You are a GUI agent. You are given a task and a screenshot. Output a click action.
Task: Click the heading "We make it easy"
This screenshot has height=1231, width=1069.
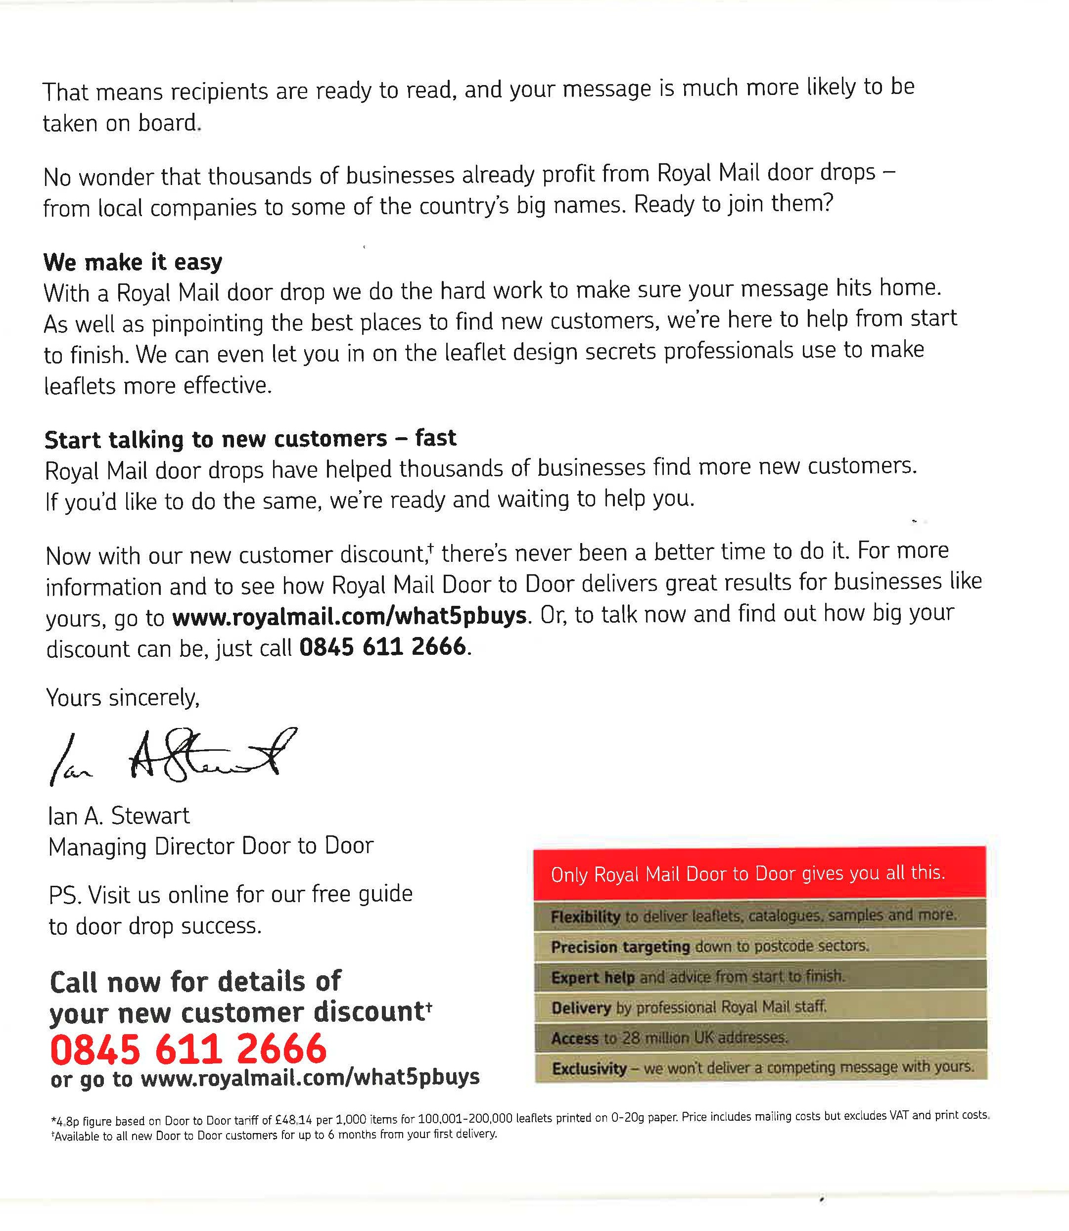click(x=133, y=262)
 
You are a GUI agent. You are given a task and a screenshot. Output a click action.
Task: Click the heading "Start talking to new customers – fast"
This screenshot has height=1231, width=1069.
click(x=250, y=439)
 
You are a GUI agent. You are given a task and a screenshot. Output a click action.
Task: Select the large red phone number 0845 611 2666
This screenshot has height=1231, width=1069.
click(x=188, y=1049)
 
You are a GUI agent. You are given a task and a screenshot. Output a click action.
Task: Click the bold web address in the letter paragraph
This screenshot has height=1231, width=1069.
click(x=350, y=615)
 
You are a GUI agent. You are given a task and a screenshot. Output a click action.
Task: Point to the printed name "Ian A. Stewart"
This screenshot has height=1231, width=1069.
click(x=119, y=816)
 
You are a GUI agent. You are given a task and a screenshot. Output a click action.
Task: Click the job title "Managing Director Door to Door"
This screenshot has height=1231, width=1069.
click(x=211, y=846)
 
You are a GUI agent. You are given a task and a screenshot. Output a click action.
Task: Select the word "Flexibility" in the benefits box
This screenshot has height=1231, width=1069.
click(x=585, y=916)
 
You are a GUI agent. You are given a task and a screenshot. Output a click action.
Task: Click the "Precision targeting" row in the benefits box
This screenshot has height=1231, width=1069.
click(x=710, y=947)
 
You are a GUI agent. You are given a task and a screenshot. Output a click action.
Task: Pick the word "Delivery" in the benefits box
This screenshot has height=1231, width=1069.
click(x=581, y=1008)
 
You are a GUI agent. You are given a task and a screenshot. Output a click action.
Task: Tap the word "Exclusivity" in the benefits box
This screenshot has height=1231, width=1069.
click(x=589, y=1069)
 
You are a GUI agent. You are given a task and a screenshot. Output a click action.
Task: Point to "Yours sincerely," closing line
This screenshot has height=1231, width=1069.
click(x=123, y=697)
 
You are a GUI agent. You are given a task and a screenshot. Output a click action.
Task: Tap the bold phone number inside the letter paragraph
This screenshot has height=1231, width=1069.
click(x=382, y=646)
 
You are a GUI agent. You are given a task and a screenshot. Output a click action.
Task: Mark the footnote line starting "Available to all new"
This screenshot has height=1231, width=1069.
click(x=275, y=1135)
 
